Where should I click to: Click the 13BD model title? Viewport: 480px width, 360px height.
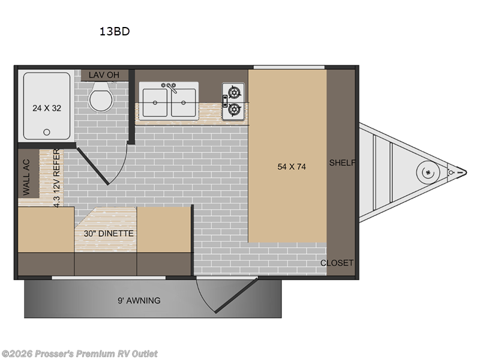coord(115,32)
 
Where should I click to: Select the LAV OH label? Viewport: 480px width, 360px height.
coord(104,74)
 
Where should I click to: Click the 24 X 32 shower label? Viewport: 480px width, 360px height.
coord(47,108)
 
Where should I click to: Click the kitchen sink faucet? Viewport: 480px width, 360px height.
coord(170,88)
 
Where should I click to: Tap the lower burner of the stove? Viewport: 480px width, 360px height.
coord(234,110)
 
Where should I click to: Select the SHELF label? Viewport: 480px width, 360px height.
coord(342,163)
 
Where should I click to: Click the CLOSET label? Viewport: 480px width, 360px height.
coord(337,263)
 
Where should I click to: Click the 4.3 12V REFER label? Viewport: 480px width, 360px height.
coord(57,178)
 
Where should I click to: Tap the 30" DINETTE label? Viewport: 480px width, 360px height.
coord(105,233)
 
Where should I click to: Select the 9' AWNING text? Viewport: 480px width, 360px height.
coord(140,300)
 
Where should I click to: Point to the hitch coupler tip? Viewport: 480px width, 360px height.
coord(461,172)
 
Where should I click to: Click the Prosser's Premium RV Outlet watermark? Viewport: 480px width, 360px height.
coord(80,354)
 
